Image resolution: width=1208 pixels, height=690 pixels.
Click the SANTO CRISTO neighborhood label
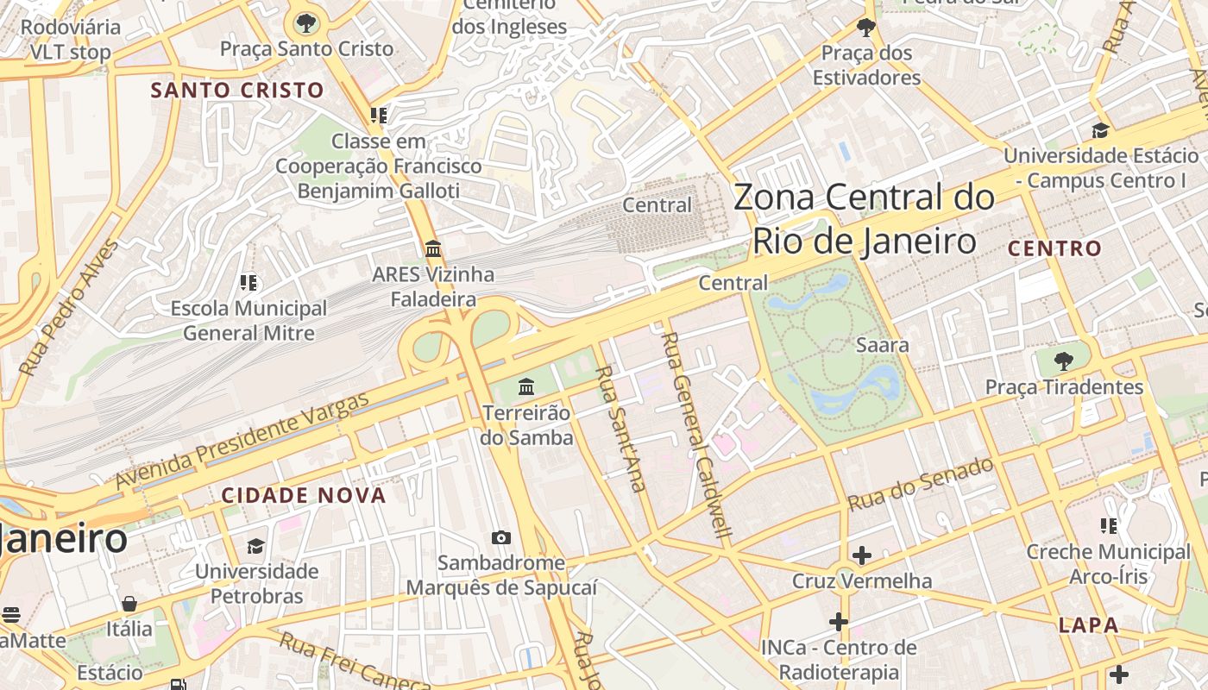[237, 90]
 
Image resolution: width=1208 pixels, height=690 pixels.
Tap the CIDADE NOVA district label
[304, 495]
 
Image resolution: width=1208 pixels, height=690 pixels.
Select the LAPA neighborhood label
[1089, 624]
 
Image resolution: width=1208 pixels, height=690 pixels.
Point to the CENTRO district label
[1055, 248]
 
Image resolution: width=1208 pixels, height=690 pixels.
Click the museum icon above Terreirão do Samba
[526, 386]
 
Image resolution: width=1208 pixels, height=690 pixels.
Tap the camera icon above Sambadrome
[501, 537]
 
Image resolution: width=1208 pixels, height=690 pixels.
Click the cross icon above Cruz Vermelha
[861, 555]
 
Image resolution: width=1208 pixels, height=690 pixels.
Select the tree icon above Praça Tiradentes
[1064, 361]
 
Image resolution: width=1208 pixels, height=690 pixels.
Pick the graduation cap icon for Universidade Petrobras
[256, 545]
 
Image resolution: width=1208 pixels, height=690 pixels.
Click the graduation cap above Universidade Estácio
[1100, 130]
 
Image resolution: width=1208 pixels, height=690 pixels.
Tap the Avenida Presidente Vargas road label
[242, 440]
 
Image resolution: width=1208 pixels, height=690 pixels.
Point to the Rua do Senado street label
[921, 484]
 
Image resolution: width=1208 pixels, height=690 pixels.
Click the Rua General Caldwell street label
[695, 436]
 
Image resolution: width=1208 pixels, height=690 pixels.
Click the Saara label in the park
[882, 345]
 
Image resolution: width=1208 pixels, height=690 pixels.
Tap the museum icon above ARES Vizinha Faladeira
[433, 249]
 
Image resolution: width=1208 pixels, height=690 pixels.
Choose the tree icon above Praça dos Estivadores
[865, 28]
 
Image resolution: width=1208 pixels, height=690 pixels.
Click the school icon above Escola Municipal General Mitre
[249, 282]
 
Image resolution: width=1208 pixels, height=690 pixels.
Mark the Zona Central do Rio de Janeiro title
[864, 219]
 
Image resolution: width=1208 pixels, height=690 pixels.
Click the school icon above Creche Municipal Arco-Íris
[1109, 525]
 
